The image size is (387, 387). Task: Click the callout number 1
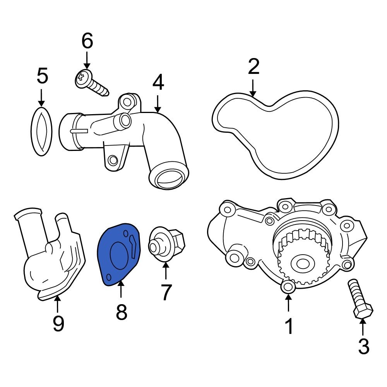289,327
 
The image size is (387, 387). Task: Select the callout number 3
363,346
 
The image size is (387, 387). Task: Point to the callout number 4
158,82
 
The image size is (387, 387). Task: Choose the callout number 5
42,76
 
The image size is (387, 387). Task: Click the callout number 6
87,41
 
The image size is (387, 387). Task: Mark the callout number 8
122,312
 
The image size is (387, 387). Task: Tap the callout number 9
58,323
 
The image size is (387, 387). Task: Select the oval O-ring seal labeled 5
41,131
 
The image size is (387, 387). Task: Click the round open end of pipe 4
169,176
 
